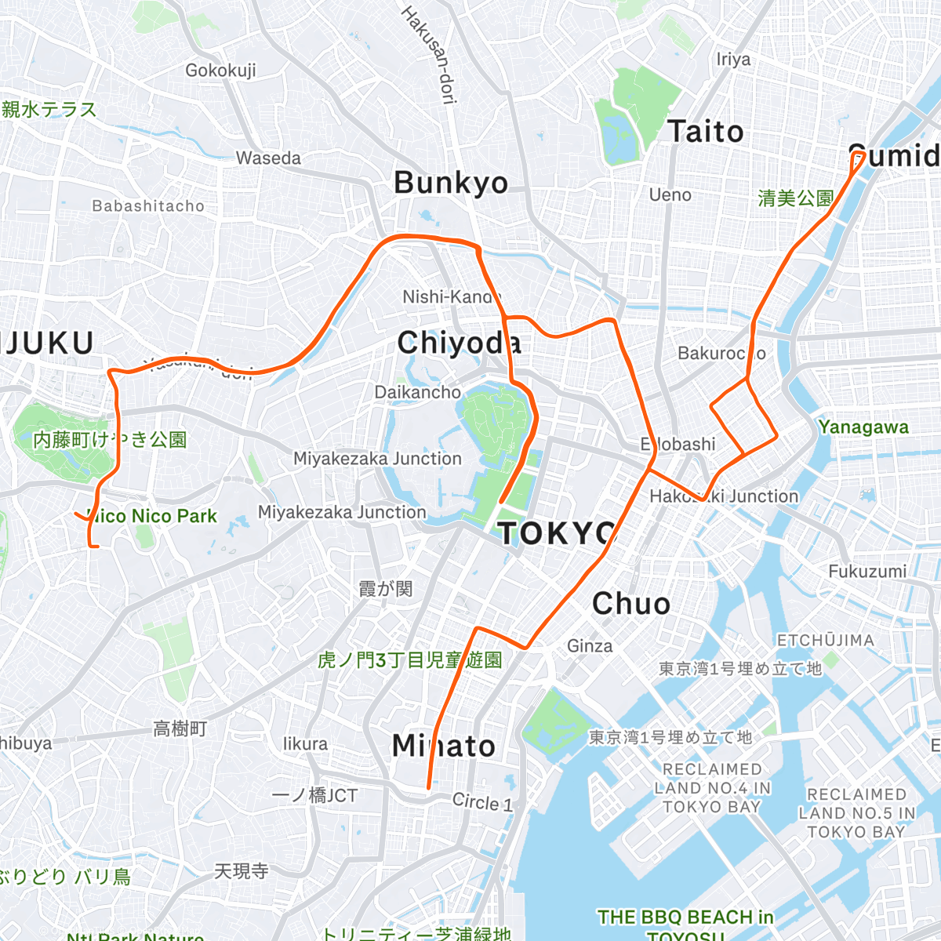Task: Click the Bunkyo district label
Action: [x=451, y=183]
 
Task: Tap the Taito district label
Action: [x=706, y=132]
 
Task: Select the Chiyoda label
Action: [x=459, y=343]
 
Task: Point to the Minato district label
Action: [x=444, y=746]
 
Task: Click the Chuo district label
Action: [x=631, y=604]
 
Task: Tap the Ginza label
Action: [x=590, y=646]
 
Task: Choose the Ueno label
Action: [x=670, y=194]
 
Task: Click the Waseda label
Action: [x=268, y=158]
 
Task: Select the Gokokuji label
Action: [x=220, y=71]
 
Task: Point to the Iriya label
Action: [x=733, y=60]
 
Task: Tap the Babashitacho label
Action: [x=148, y=206]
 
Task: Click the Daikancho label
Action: [x=417, y=392]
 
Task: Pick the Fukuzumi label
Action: [x=867, y=572]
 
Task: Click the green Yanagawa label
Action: [x=863, y=427]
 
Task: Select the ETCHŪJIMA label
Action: [x=825, y=641]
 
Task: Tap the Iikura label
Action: [x=305, y=743]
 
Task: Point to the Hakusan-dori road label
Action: [x=429, y=55]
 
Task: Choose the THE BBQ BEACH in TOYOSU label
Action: [x=685, y=924]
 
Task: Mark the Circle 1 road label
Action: [x=481, y=802]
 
